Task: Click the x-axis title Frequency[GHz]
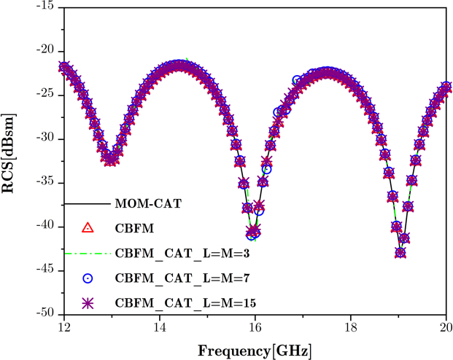[255, 350]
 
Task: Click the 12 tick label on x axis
[63, 327]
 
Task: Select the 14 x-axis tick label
[160, 327]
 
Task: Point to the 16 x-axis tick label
[255, 327]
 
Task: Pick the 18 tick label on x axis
[351, 327]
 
